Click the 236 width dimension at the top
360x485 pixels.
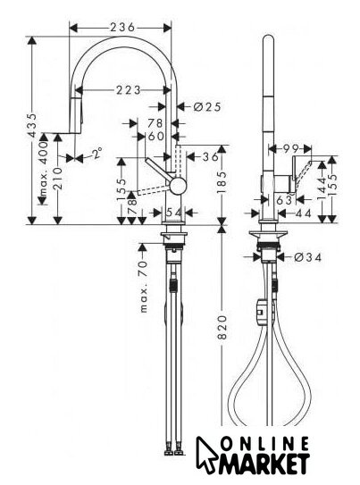tap(122, 27)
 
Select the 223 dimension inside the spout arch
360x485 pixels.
tap(128, 90)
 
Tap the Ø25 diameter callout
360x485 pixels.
tap(207, 106)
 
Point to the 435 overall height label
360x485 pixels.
tap(32, 125)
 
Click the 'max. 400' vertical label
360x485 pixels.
tap(45, 169)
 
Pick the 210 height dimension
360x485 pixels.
tap(57, 179)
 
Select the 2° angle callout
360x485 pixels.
tap(97, 153)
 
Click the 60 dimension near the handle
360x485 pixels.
tap(155, 136)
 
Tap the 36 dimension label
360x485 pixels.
tap(210, 157)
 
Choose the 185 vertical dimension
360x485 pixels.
tap(222, 182)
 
